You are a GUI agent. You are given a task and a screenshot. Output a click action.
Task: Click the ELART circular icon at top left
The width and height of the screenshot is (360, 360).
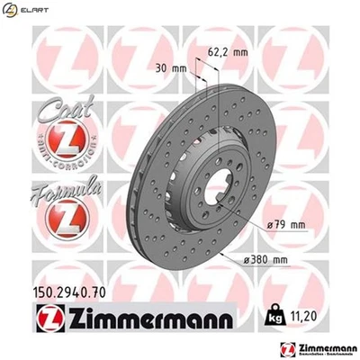[x=8, y=9]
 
